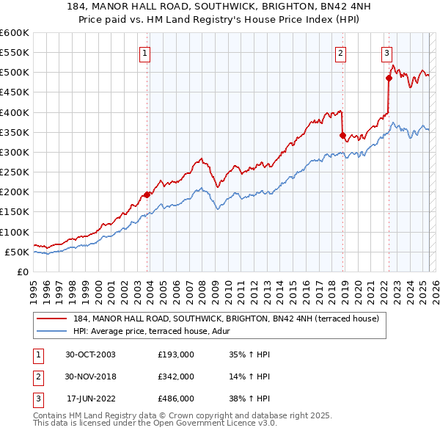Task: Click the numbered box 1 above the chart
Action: [145, 53]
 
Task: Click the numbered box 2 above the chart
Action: [341, 53]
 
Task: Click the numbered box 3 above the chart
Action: [386, 53]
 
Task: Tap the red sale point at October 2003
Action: [147, 194]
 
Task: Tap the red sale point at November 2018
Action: [343, 135]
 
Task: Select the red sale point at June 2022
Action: [389, 79]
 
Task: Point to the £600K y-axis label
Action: [14, 33]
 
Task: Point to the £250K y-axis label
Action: [14, 172]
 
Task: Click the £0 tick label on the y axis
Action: [23, 272]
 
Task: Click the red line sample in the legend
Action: [51, 319]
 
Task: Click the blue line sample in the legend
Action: [51, 331]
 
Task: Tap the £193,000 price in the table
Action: [176, 354]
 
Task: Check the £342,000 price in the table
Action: [176, 376]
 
